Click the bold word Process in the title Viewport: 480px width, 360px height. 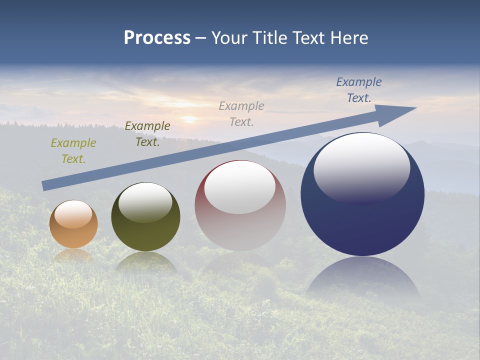pos(157,37)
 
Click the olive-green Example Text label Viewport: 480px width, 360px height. pos(73,151)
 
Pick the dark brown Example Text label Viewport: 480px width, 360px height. pos(147,134)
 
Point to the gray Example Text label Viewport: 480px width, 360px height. pos(241,114)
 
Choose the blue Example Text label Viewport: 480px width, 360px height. pos(359,90)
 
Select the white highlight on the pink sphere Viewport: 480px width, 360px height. pos(240,186)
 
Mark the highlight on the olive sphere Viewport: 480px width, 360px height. pos(145,201)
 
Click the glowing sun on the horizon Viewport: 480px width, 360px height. pos(189,119)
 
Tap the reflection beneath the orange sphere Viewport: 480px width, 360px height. pos(73,255)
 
